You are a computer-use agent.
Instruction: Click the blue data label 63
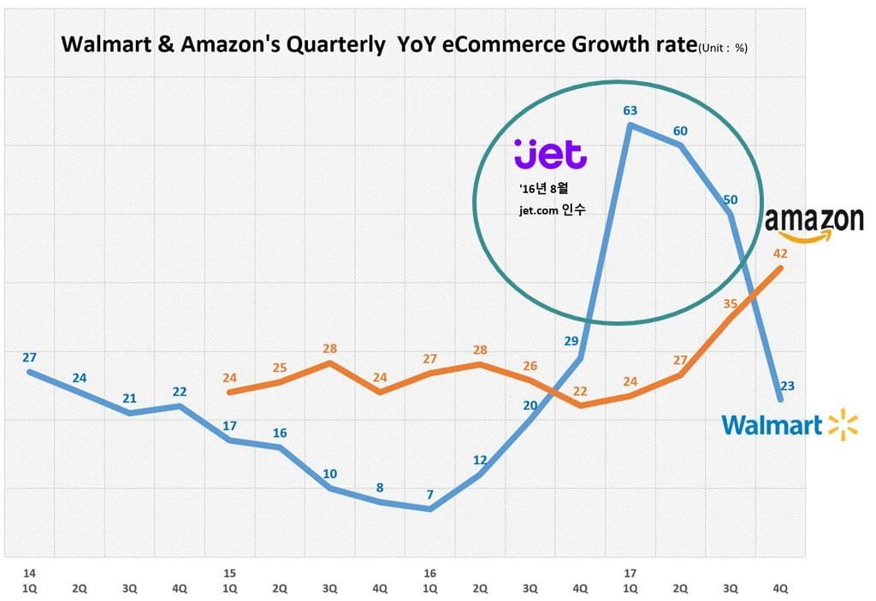pos(630,109)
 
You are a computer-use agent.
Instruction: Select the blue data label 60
pos(680,131)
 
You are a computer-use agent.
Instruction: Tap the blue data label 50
pos(730,200)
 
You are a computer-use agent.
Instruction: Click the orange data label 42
pos(779,253)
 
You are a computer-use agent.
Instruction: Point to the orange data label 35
pos(730,303)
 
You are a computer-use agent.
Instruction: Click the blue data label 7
pos(429,494)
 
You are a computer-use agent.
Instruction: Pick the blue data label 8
pos(380,488)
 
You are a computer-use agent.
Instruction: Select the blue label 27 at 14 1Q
pos(30,357)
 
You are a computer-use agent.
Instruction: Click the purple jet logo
pos(550,154)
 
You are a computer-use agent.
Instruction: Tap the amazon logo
pos(814,222)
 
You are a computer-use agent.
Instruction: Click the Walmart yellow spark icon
pos(843,425)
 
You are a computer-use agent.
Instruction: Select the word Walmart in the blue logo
pos(772,425)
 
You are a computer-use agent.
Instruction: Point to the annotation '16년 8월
pos(542,188)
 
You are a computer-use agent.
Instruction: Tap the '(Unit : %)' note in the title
pos(723,49)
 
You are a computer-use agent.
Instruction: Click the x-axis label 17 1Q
pos(630,580)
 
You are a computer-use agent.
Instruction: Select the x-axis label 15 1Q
pos(229,580)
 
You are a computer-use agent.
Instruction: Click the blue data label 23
pos(787,386)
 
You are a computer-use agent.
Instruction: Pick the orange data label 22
pos(580,391)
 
